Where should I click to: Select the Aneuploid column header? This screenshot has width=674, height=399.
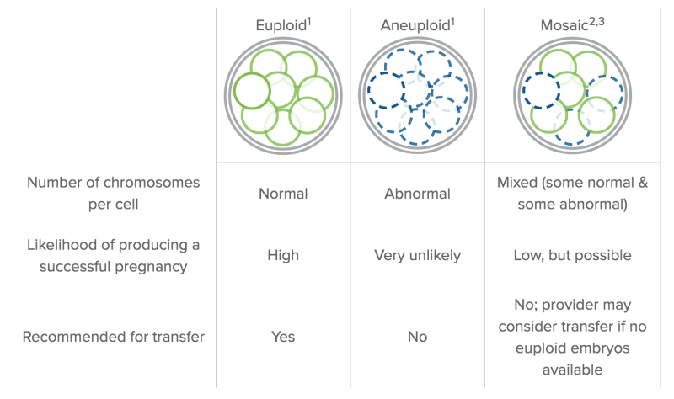[417, 25]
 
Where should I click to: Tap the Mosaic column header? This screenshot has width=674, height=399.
[572, 25]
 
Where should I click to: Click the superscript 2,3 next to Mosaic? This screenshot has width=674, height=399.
[596, 21]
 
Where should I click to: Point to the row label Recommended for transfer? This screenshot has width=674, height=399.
[114, 337]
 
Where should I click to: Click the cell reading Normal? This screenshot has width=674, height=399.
[283, 194]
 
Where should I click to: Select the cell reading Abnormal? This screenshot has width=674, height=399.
[417, 194]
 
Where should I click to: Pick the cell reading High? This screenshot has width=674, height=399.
[283, 256]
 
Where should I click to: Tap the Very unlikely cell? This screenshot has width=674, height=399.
[417, 256]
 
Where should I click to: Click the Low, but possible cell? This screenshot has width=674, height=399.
[572, 256]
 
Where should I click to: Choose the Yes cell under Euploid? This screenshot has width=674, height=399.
[283, 337]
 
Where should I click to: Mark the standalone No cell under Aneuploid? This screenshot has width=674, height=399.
[417, 337]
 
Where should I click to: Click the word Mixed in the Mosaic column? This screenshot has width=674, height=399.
[517, 183]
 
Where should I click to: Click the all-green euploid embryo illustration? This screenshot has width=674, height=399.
[283, 96]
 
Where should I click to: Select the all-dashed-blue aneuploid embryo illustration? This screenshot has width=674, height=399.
[417, 96]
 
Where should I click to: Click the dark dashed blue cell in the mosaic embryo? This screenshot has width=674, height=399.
[541, 90]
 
